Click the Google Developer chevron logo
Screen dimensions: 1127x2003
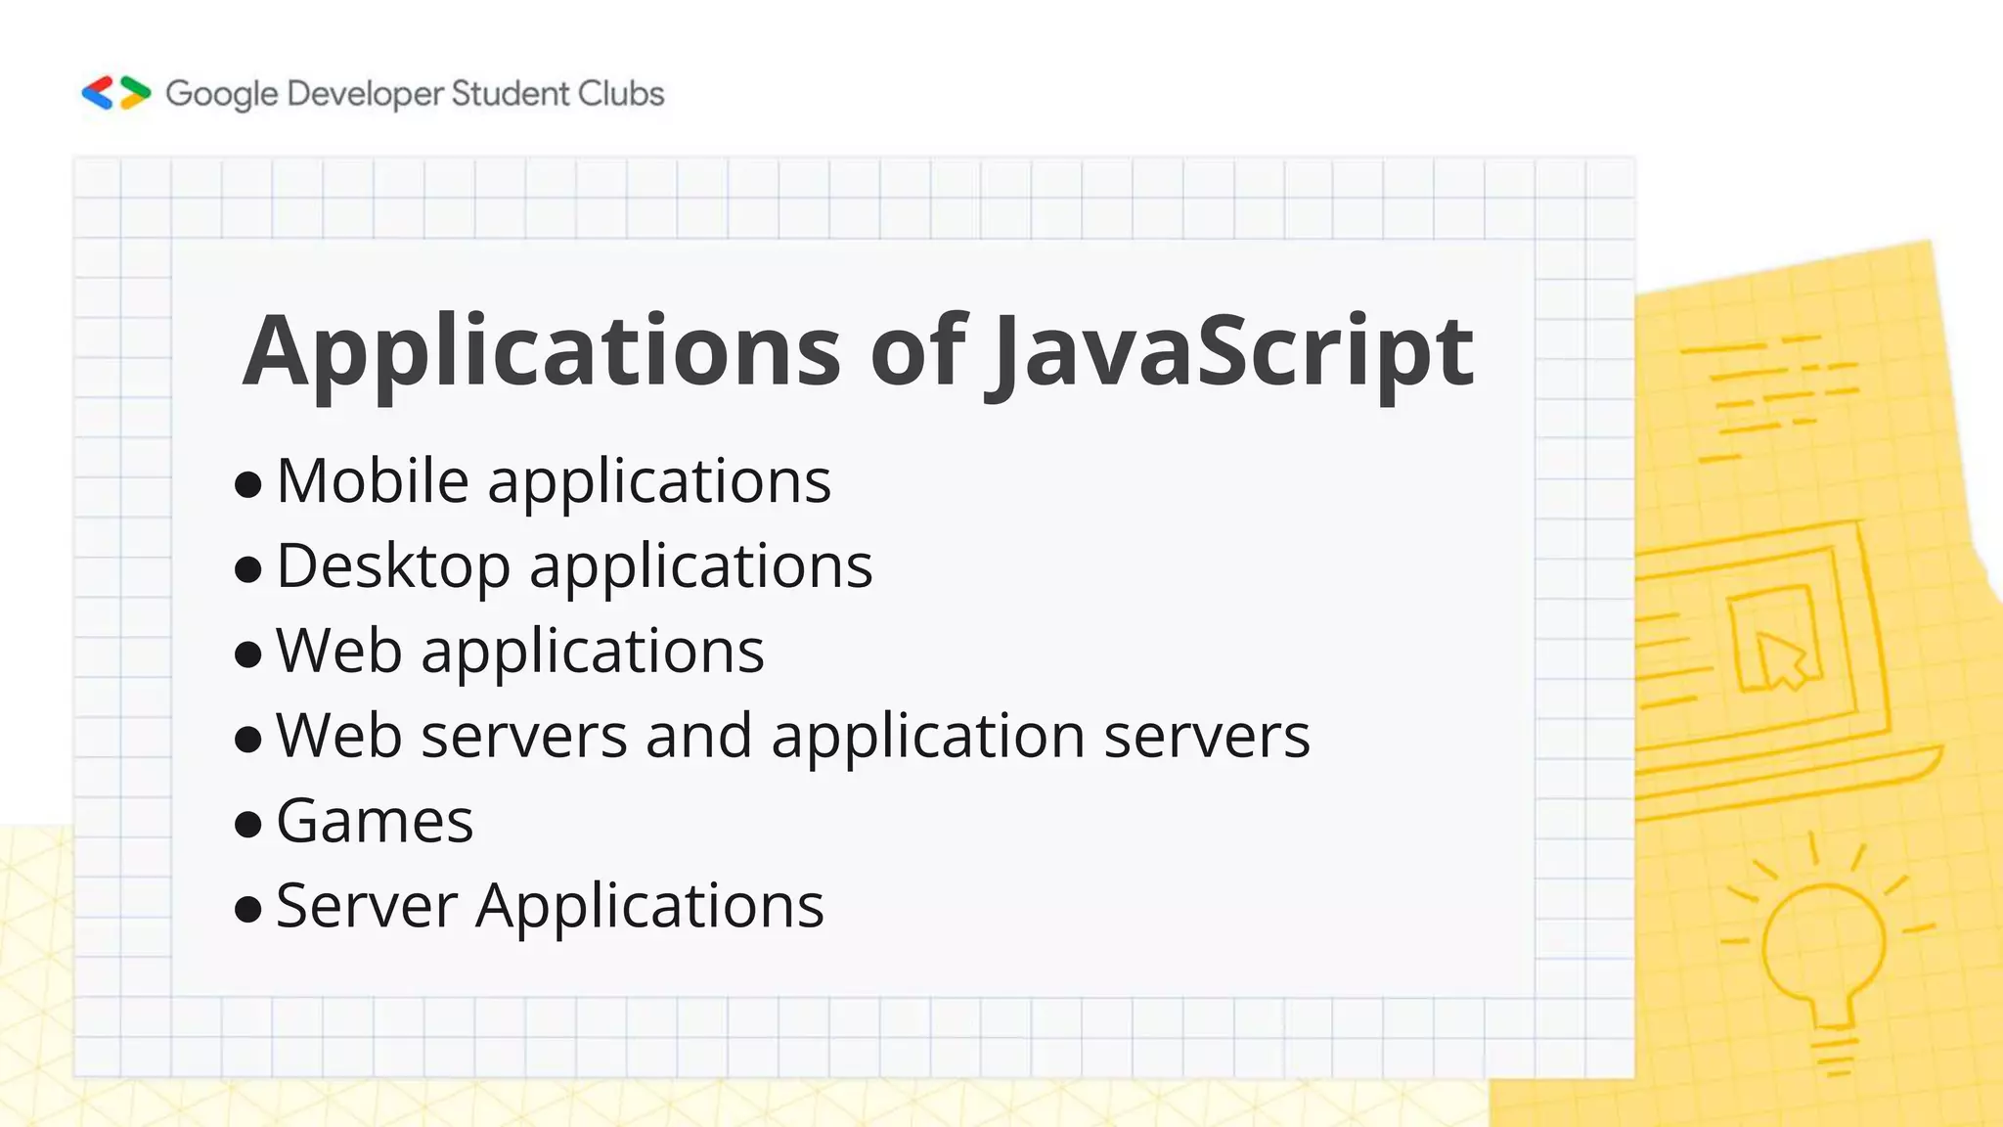pyautogui.click(x=115, y=93)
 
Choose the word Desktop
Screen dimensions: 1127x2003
pyautogui.click(x=393, y=566)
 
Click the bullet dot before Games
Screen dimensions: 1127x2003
pyautogui.click(x=248, y=824)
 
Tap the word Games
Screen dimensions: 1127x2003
pyautogui.click(x=375, y=821)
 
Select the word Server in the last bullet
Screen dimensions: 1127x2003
pyautogui.click(x=367, y=906)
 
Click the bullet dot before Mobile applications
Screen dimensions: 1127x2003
pyautogui.click(x=248, y=484)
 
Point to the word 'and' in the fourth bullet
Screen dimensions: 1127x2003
pyautogui.click(x=698, y=736)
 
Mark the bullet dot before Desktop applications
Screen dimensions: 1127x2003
pyautogui.click(x=248, y=569)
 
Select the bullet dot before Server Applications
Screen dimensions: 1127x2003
pyautogui.click(x=248, y=909)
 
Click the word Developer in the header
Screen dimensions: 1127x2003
pyautogui.click(x=366, y=95)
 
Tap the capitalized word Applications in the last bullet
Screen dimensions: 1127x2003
pyautogui.click(x=649, y=907)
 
